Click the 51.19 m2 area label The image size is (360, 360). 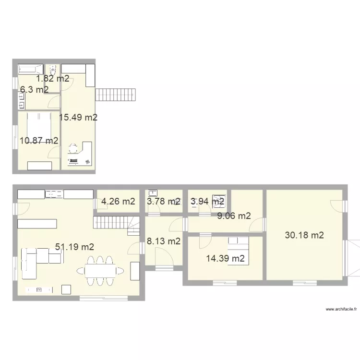coord(74,247)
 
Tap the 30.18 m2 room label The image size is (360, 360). coord(304,235)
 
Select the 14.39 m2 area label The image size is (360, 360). coord(226,259)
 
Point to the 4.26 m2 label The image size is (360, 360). coord(118,202)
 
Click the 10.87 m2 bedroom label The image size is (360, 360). coord(39,141)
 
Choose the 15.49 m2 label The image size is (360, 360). coord(78,117)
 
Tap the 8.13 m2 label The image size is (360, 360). coord(164,241)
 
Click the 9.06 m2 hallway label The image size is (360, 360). coord(234,216)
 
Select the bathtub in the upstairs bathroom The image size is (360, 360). coord(30,69)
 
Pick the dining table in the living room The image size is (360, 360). coord(100,271)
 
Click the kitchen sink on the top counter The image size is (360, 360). coord(54,194)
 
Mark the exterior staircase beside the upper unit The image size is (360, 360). coord(116,94)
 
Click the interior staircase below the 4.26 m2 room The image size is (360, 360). coord(115,223)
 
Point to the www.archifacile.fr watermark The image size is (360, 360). coord(341,309)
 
